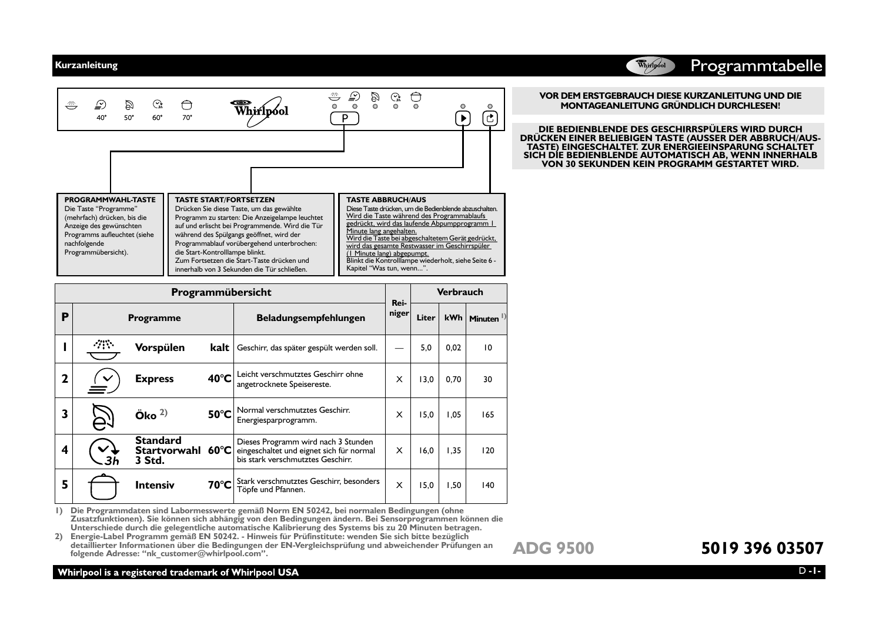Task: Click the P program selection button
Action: (x=345, y=119)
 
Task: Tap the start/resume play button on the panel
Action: (x=463, y=119)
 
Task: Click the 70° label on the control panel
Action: (x=187, y=118)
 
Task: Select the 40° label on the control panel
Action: (x=102, y=118)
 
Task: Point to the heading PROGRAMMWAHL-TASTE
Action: (x=110, y=200)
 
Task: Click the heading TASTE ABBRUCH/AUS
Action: (x=386, y=200)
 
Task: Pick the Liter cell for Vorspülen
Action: (x=426, y=347)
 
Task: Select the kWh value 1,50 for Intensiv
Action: (x=453, y=486)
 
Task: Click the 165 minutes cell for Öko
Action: (x=487, y=415)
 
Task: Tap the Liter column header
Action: (x=426, y=318)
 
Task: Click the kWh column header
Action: (x=453, y=318)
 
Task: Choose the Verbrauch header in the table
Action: (x=459, y=292)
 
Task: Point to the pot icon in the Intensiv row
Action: (x=103, y=486)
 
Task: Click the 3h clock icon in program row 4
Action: (x=103, y=451)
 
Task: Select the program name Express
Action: (x=154, y=379)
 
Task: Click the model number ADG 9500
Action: (x=553, y=548)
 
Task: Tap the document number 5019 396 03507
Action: (x=762, y=548)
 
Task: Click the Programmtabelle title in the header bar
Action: (x=756, y=66)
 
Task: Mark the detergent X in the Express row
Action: (x=399, y=380)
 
